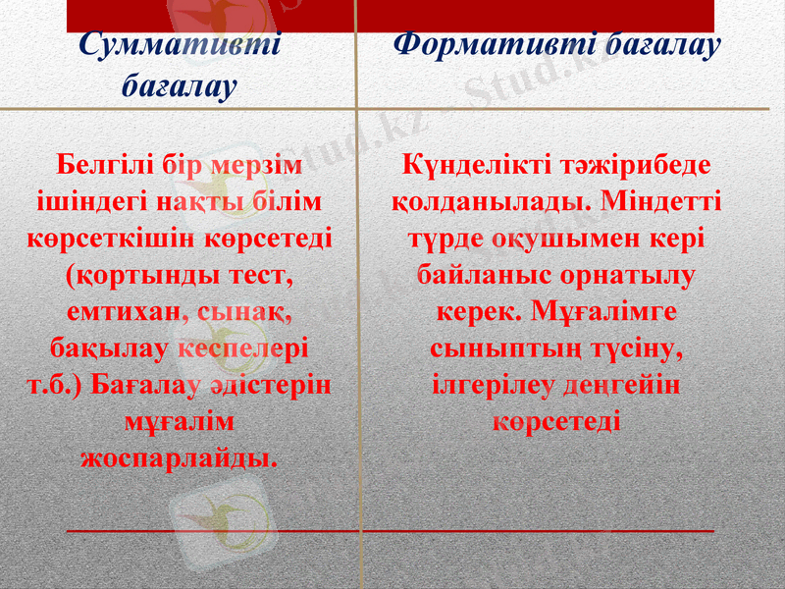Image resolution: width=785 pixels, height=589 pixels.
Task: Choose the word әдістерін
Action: [275, 385]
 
